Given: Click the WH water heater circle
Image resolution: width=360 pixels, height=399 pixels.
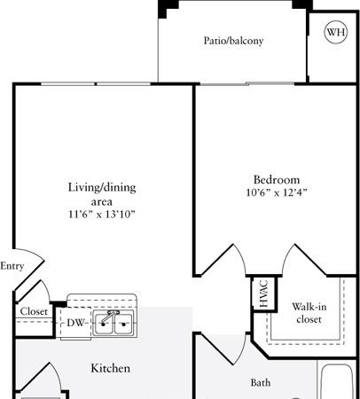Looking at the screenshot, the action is pos(336,32).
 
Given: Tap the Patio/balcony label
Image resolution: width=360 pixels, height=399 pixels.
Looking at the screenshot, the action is pos(233,41).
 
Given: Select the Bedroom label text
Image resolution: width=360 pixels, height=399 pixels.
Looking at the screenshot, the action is pos(277,180).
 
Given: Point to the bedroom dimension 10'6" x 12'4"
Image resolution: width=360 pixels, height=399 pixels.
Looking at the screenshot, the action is pos(277,192).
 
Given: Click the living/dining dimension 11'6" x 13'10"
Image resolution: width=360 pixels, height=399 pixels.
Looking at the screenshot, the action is pos(102,214).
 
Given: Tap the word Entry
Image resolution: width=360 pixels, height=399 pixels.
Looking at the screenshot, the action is pos(12,266).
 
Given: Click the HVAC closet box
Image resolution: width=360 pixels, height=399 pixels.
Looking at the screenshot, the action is pos(264,293).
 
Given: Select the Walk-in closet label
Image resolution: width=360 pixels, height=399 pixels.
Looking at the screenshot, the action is pos(309,313).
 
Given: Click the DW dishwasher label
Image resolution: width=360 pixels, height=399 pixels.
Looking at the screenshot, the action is pos(76,323).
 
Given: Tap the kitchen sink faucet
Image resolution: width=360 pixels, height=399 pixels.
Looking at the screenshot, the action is pos(109,316).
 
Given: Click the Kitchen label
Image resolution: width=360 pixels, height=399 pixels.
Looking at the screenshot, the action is pos(110,368).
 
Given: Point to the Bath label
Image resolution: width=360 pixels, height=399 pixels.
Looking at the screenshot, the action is pos(261,382).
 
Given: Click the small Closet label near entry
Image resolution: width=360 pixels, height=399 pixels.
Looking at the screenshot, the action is pos(34,311).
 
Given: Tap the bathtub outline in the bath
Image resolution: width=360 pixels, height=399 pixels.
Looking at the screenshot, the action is pos(337,382).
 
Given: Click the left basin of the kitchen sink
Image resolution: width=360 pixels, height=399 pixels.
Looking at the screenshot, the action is pos(104,324).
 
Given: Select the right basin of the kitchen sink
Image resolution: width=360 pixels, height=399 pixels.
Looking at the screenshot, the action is pos(123,324).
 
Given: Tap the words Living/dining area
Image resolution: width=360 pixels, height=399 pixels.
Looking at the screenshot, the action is pos(102,194).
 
